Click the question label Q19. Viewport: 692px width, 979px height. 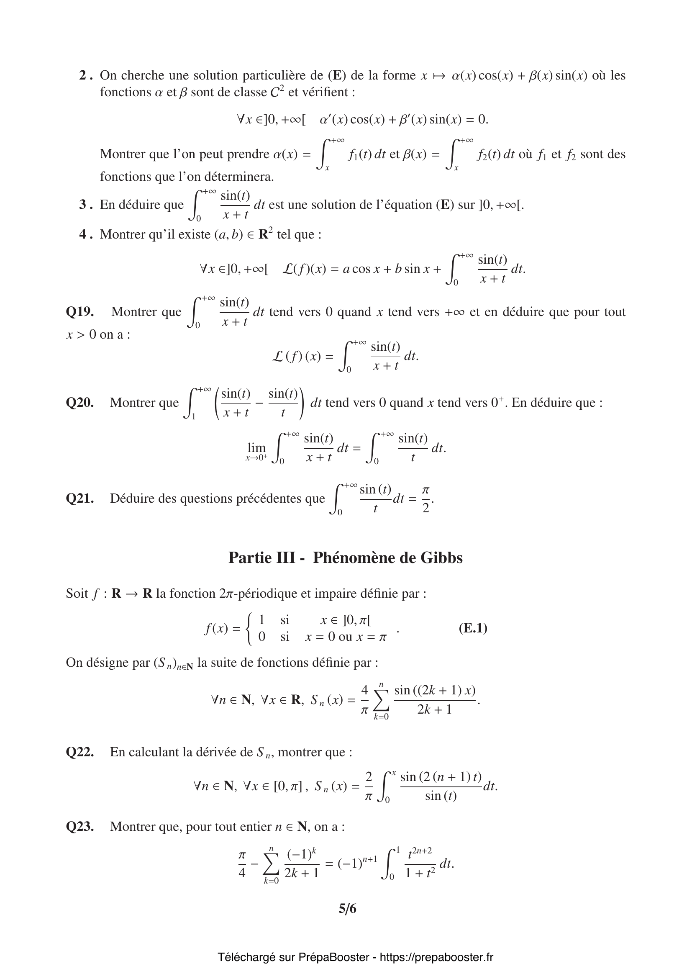pos(79,312)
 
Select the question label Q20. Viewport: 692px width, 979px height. pos(79,403)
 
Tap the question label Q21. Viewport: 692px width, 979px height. pos(79,498)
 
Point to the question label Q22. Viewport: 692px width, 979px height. pos(79,752)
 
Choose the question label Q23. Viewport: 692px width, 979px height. pos(79,826)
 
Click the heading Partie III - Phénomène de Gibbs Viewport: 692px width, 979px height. pos(346,558)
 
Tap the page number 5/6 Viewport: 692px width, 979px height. pos(347,909)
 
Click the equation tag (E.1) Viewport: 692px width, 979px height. pos(473,628)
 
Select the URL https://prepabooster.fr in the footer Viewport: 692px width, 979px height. pos(436,957)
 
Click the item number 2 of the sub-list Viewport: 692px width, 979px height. pos(85,75)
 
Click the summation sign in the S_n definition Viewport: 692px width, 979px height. pos(382,701)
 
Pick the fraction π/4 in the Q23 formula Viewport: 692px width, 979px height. pos(242,864)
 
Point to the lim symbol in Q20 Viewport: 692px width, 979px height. pos(256,447)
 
